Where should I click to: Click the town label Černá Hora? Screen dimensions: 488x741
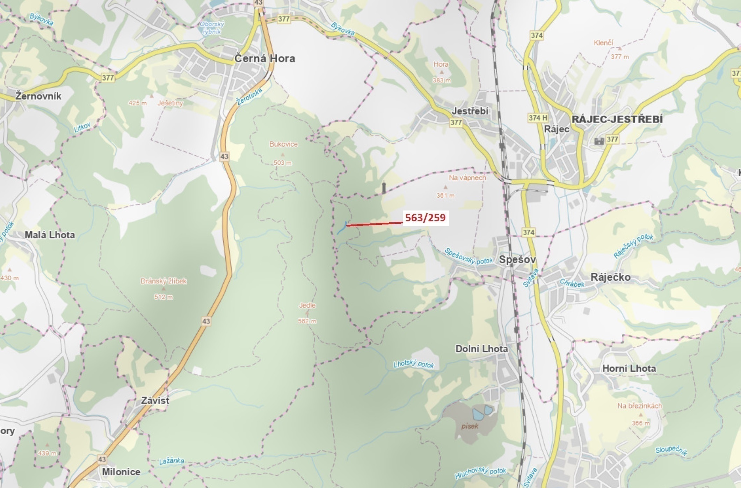(264, 58)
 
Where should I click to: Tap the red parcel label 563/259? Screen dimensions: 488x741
(425, 218)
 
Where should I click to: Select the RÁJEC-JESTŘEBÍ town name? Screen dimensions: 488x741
(617, 119)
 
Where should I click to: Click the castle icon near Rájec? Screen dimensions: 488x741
(599, 141)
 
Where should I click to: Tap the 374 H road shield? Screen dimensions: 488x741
(538, 118)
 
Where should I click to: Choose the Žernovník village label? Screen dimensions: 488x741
(38, 96)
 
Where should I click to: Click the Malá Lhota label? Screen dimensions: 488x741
(50, 235)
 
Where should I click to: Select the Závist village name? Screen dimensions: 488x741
(155, 400)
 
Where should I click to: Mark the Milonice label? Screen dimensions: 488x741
(121, 472)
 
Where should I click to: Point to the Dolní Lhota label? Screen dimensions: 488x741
(481, 349)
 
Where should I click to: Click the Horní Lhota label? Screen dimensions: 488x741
(629, 368)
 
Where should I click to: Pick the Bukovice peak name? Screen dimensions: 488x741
(283, 144)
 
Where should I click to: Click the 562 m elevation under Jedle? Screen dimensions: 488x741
(307, 321)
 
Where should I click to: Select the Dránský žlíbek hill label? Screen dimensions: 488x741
(164, 281)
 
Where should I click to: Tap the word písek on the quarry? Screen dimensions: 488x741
(470, 426)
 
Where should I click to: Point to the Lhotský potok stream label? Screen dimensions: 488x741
(414, 364)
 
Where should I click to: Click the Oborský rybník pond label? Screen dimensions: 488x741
(212, 28)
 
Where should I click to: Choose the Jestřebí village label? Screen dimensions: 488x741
(470, 111)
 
